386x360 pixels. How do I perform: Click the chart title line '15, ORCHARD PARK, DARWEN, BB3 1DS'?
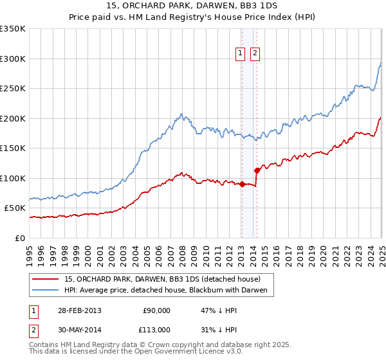tap(192, 6)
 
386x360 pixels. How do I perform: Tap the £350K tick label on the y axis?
tap(13, 29)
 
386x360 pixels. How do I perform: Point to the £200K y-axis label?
tap(13, 118)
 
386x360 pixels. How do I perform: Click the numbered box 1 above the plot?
tap(241, 54)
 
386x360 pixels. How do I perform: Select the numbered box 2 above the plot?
tap(255, 54)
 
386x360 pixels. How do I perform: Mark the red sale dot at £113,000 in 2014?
tap(257, 170)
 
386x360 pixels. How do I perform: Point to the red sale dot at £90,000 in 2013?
tap(242, 184)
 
